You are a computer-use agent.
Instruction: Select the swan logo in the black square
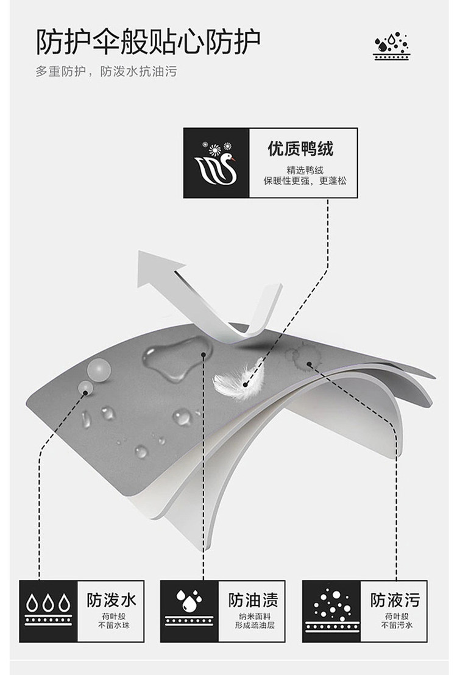point(216,163)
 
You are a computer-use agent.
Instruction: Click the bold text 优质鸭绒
point(301,148)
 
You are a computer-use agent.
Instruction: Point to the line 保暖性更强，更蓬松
point(305,180)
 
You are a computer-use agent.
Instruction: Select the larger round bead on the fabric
point(99,369)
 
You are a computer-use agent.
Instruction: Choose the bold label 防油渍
point(253,599)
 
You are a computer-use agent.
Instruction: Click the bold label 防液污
point(395,599)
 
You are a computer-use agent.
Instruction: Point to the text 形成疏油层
point(253,625)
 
